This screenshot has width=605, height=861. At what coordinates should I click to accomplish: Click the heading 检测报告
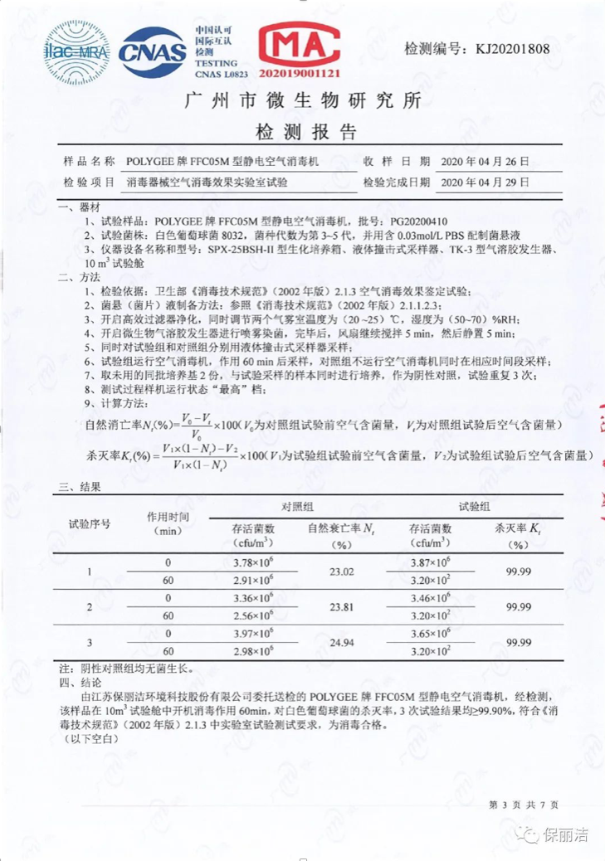(x=302, y=131)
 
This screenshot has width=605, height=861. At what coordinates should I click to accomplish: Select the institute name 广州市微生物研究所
(x=302, y=101)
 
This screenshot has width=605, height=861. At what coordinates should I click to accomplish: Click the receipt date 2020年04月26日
(x=485, y=161)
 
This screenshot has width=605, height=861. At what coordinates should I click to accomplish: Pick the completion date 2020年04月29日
(x=485, y=182)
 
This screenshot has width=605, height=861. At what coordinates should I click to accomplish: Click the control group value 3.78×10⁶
(x=254, y=563)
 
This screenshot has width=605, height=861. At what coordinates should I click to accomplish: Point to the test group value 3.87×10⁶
(x=429, y=563)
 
